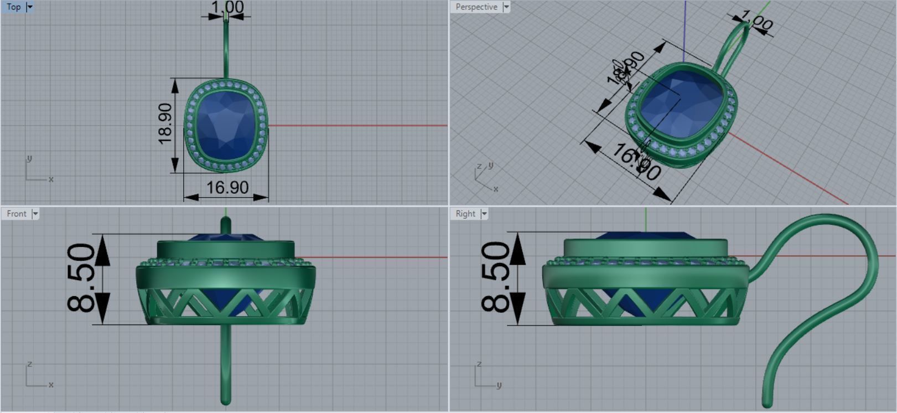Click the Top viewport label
[14, 7]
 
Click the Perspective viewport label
[476, 7]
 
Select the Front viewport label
[16, 214]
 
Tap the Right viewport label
[465, 214]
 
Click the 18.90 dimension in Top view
[165, 124]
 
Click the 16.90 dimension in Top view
[227, 188]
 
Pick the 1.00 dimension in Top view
[227, 7]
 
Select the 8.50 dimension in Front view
[82, 278]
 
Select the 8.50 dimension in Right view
[495, 278]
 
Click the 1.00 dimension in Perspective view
[756, 22]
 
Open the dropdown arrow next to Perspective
[506, 7]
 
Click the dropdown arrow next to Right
[484, 214]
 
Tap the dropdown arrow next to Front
[35, 214]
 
